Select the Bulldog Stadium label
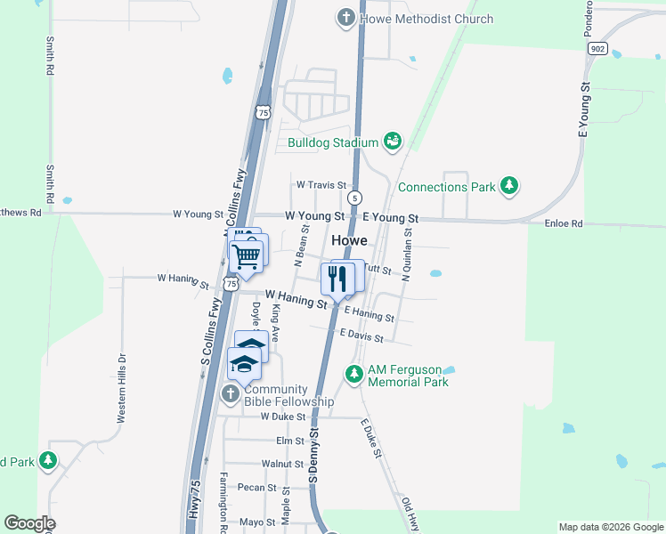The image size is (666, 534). click(x=333, y=142)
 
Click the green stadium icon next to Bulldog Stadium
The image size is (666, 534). click(x=392, y=141)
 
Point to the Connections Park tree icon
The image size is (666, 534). click(x=508, y=186)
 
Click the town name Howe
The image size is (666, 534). click(x=349, y=240)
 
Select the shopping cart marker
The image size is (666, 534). click(x=247, y=256)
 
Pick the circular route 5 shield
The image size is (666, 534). click(x=355, y=198)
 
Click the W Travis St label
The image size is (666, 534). click(x=321, y=185)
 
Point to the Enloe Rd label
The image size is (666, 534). click(x=564, y=224)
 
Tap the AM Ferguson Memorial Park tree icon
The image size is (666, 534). click(x=354, y=373)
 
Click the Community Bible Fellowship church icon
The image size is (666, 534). click(x=230, y=393)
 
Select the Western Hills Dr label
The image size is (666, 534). click(x=122, y=389)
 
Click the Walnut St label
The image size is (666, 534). click(x=283, y=464)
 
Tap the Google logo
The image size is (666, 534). click(x=29, y=523)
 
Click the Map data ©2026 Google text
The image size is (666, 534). click(x=610, y=527)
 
